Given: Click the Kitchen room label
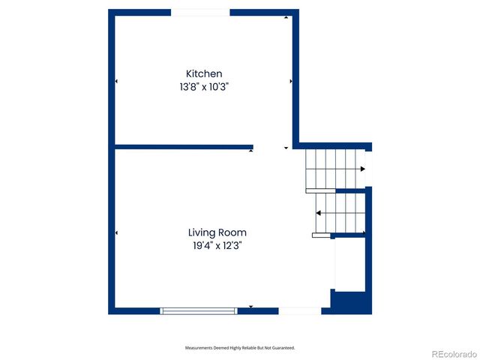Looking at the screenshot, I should pos(204,73).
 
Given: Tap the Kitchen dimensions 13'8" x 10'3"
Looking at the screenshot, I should pos(204,87).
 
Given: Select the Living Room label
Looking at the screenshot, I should pos(217,232).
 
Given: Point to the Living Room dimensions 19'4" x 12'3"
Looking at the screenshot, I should pos(217,245).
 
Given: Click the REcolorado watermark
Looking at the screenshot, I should pos(451,354).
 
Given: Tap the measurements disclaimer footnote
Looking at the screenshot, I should pos(240,348).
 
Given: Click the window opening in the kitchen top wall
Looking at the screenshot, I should pos(200,12).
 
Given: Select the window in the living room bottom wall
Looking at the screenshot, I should pos(199,310).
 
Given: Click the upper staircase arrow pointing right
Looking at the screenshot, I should pos(363,169).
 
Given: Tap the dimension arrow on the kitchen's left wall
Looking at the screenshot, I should pos(116,81).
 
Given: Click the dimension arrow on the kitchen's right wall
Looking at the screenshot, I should pos(290,81).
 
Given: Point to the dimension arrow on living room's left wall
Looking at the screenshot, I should pos(116,233).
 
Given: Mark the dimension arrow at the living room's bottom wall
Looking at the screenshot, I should pos(251,307).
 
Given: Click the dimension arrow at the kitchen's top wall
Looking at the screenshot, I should pos(286,17).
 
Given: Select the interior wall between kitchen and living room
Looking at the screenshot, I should pos(184,146).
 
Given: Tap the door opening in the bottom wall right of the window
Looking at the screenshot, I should pos(300,310).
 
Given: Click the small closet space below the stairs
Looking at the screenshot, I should pos(349,264).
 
